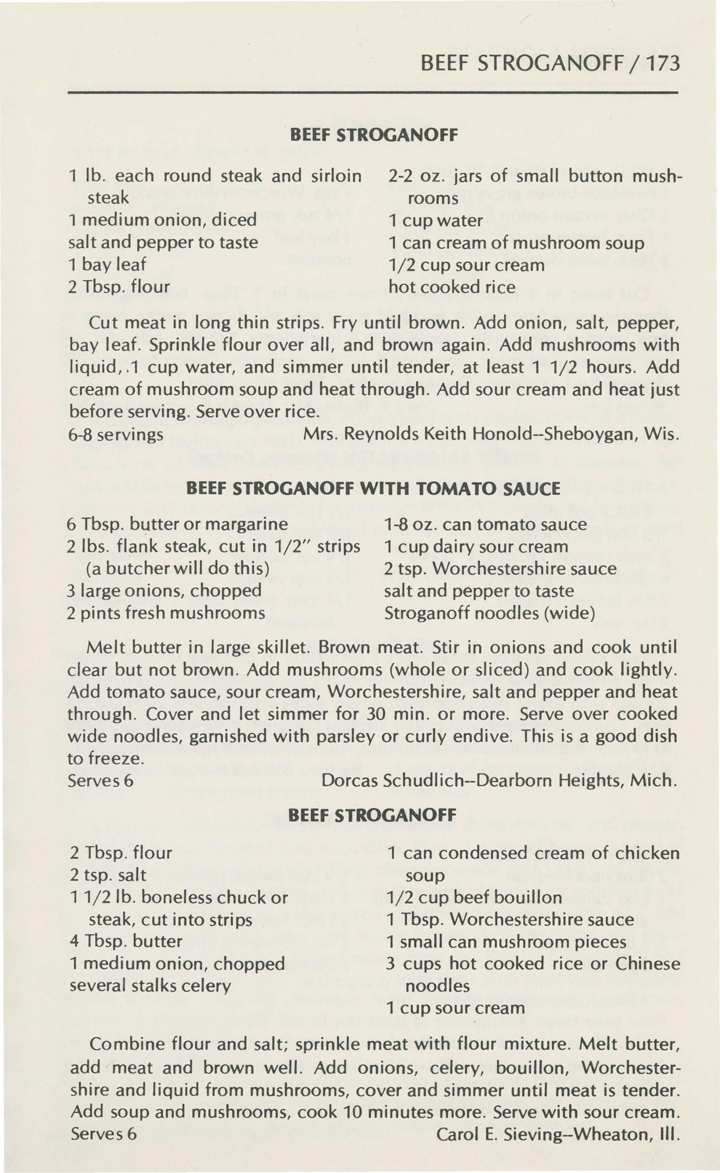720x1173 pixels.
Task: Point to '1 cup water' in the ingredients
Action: point(435,221)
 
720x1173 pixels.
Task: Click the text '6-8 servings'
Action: point(116,435)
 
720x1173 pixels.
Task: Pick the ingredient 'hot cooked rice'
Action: point(451,287)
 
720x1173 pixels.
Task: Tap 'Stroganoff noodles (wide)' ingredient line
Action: point(489,613)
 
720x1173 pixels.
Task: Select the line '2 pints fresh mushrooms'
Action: point(166,613)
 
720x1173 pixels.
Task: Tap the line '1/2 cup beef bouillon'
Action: point(475,898)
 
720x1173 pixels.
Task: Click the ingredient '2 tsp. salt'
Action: point(108,875)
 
